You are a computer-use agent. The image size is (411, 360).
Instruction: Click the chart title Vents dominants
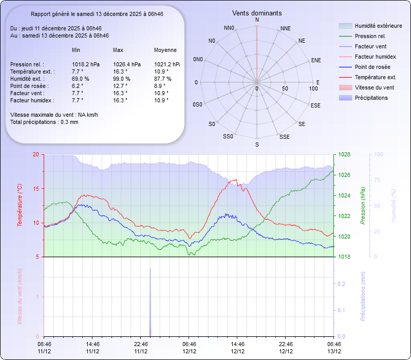(257, 13)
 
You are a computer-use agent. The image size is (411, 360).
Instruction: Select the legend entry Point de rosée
(372, 67)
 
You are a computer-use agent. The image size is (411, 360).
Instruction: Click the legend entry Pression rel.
(370, 36)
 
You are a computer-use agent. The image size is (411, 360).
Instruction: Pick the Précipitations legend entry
(371, 98)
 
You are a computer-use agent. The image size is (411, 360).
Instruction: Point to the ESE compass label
(316, 105)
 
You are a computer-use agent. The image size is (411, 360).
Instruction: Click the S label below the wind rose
(257, 145)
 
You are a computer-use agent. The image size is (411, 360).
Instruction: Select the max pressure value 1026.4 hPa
(127, 64)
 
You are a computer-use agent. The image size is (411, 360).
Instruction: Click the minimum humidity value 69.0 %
(80, 79)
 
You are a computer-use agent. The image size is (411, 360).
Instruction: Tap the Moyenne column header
(165, 50)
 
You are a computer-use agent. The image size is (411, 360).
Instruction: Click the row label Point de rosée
(27, 86)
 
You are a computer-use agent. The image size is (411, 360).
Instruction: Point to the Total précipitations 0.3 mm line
(44, 122)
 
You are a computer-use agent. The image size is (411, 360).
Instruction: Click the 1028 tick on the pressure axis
(344, 154)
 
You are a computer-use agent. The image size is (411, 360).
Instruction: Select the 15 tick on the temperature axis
(35, 189)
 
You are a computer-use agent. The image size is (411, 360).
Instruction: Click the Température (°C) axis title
(20, 206)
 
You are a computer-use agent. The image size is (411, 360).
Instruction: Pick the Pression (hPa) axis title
(362, 206)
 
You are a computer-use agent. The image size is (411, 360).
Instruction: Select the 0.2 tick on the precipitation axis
(341, 284)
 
